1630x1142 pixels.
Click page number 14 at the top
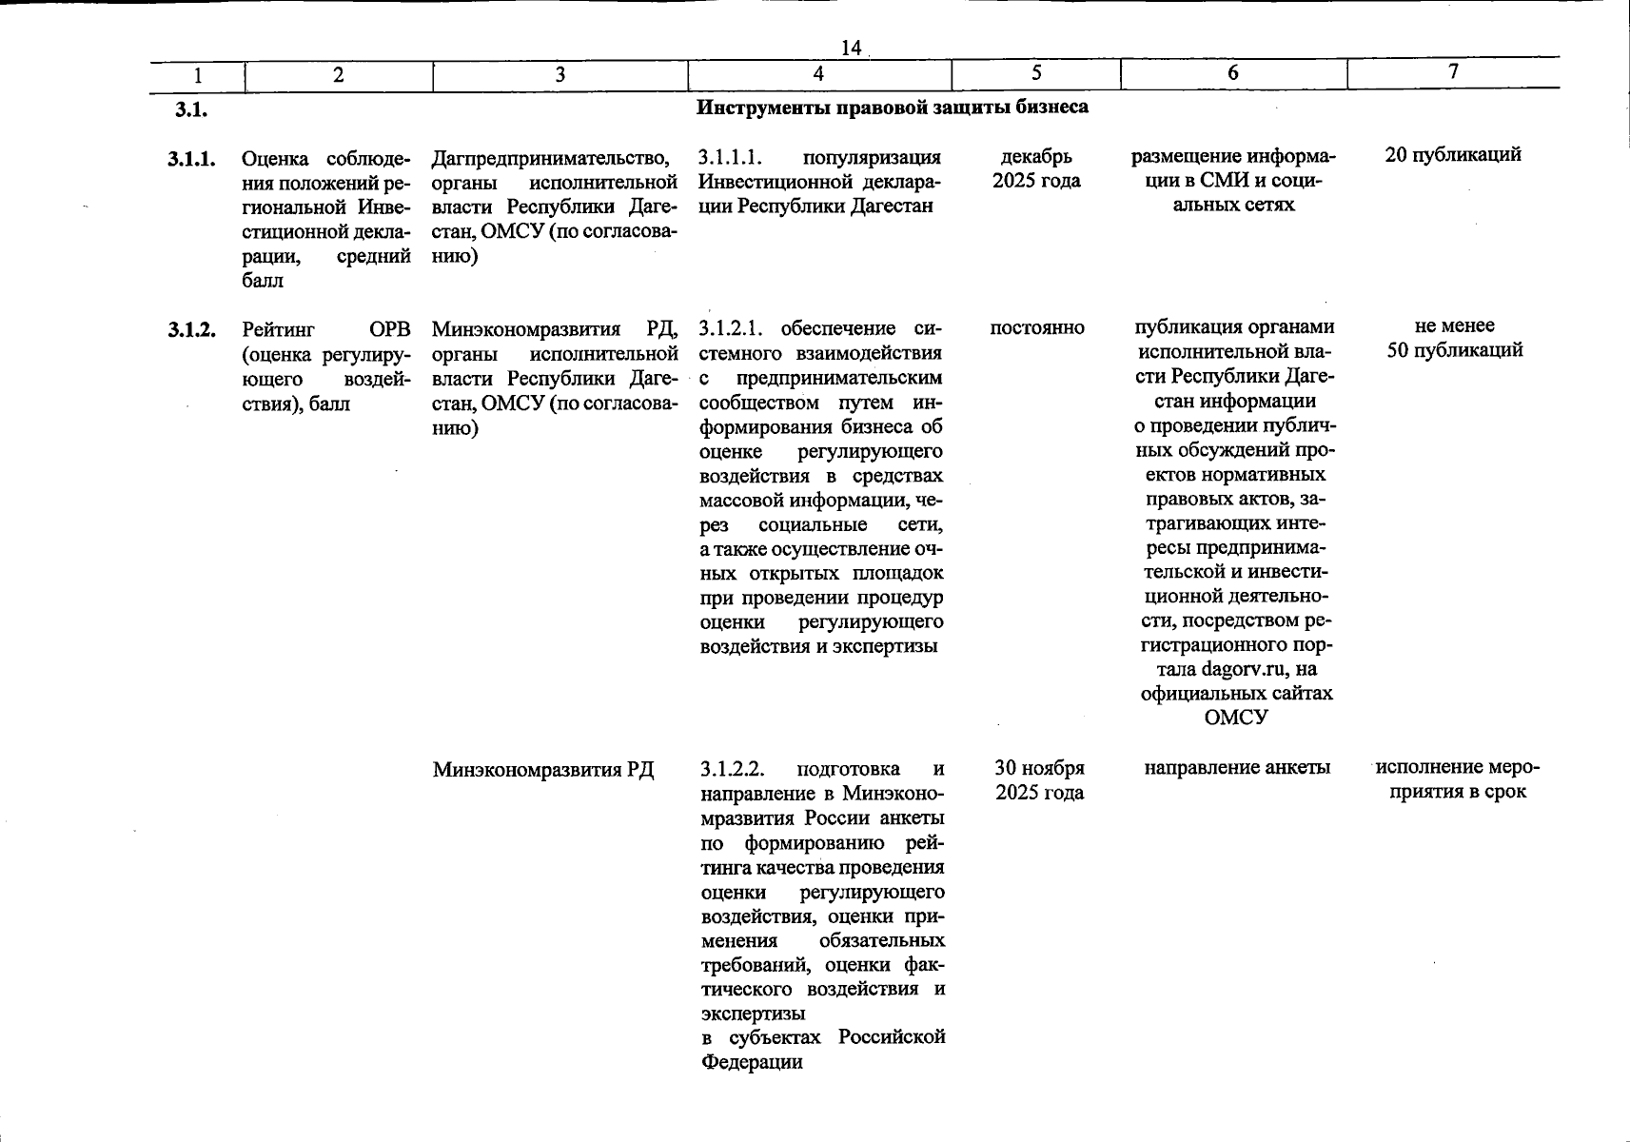pos(851,48)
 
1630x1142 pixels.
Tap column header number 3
pos(560,75)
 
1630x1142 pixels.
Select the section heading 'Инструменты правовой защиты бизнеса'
pos(892,108)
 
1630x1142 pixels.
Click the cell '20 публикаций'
pos(1453,155)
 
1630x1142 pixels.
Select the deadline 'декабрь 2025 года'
pos(1036,168)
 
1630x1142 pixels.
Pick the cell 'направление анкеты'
pos(1236,767)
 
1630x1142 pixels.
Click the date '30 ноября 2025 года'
pos(1039,779)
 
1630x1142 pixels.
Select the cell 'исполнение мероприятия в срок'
pos(1457,779)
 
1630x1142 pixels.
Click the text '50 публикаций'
pos(1455,350)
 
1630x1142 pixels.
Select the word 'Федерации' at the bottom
pos(752,1061)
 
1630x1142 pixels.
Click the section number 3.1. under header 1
pos(190,110)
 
